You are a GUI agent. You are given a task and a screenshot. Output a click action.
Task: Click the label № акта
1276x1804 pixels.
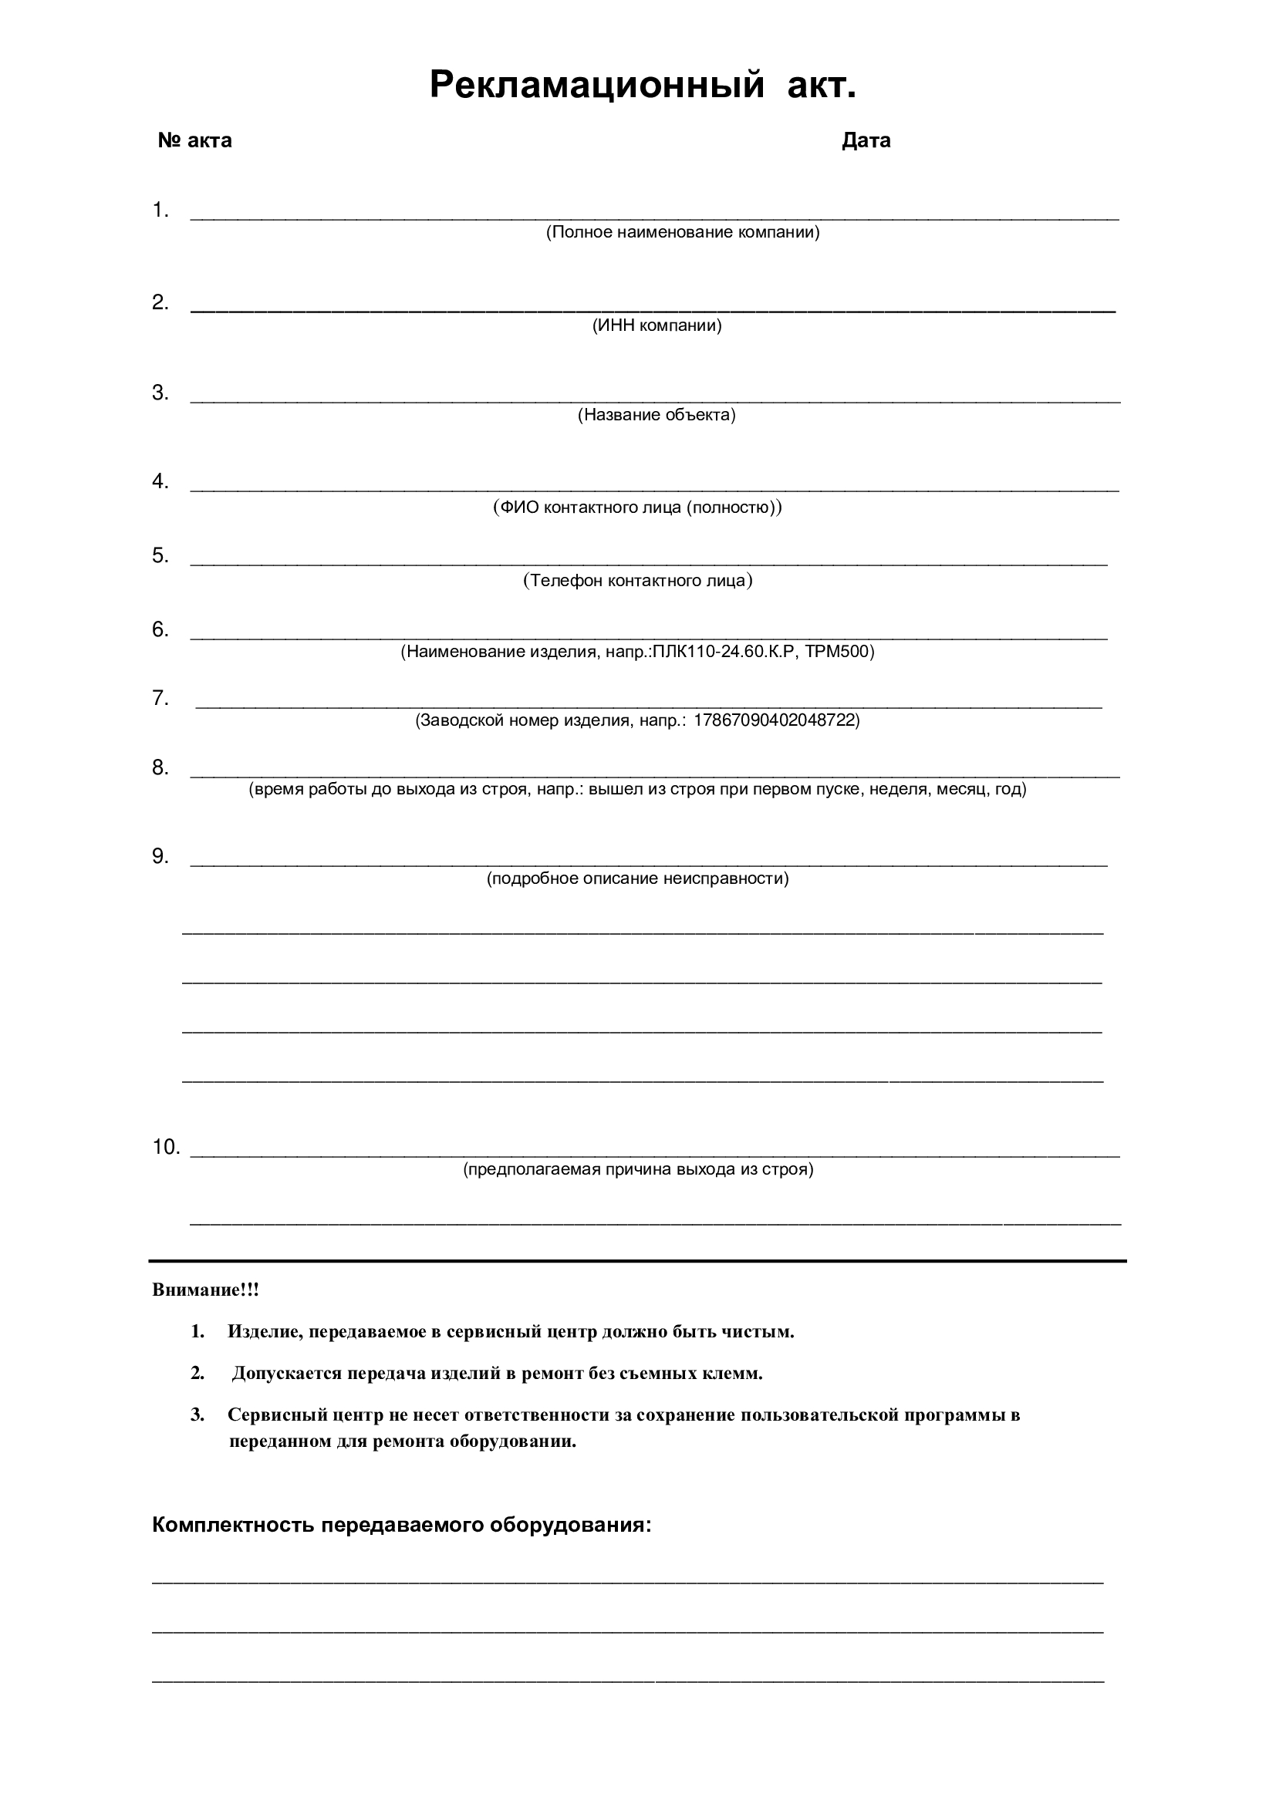tap(195, 140)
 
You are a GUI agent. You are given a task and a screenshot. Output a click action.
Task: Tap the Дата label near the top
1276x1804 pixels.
tap(866, 140)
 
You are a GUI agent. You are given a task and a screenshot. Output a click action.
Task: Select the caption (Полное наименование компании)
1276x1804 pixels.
tap(683, 233)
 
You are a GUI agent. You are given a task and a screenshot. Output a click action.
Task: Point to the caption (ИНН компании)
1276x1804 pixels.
tap(657, 325)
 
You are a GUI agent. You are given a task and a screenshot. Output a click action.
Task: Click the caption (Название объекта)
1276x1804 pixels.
tap(657, 415)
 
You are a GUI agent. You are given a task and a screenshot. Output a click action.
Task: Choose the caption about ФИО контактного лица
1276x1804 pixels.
tap(637, 507)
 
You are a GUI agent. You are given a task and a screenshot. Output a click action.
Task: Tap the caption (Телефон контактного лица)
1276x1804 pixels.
tap(637, 581)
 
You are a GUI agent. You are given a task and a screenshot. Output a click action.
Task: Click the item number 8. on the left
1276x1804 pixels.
tap(160, 767)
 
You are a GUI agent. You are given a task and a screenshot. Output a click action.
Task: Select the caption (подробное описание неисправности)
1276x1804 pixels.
tap(637, 878)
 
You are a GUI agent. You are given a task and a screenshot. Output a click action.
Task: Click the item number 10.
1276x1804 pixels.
tap(166, 1147)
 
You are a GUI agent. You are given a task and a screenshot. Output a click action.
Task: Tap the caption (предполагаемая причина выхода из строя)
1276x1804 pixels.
tap(638, 1169)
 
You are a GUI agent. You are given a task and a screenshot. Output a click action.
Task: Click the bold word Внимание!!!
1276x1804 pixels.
tap(205, 1290)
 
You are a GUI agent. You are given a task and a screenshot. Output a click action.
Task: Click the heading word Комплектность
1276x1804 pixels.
tap(233, 1526)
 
